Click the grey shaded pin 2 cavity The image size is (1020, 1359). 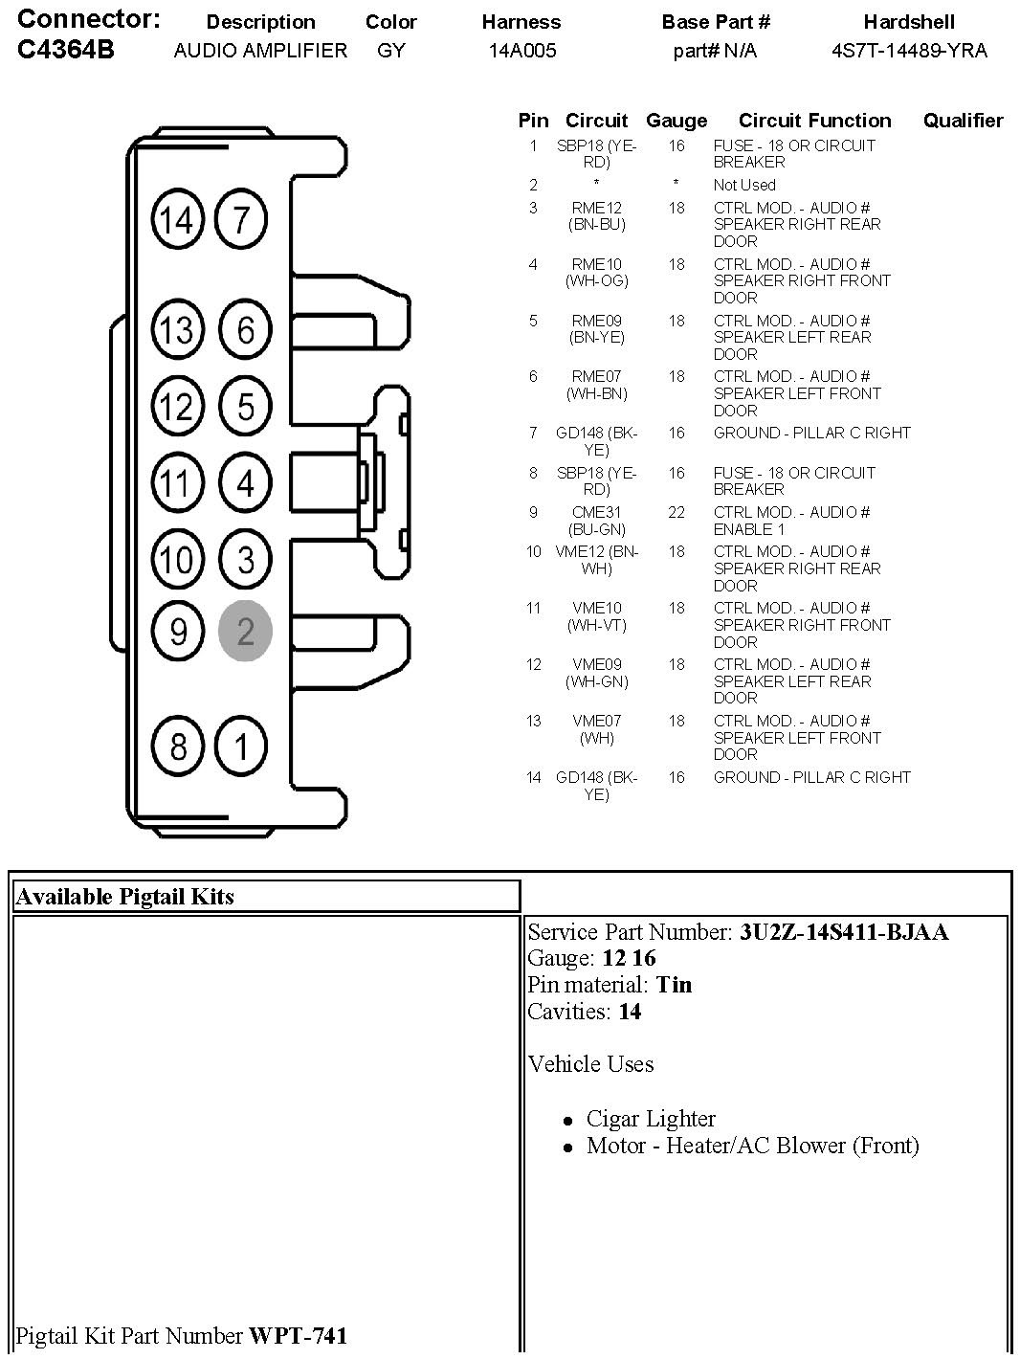coord(245,631)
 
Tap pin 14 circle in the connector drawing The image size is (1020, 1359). coord(177,220)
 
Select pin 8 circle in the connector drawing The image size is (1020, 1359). coord(177,746)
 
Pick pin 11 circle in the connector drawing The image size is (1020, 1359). coord(176,482)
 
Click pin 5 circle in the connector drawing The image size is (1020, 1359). coord(245,406)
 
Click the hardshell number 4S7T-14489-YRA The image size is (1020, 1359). coord(908,51)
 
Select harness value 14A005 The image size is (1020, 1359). coord(521,51)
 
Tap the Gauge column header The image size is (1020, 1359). coord(676,121)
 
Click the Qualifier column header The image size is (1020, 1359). coord(963,121)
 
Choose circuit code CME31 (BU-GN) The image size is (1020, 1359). coord(596,521)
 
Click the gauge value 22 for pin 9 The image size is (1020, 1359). coord(676,512)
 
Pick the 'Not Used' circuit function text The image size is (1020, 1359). coord(744,185)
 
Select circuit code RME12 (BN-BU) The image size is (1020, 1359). coord(596,216)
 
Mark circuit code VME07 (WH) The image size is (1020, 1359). coord(596,729)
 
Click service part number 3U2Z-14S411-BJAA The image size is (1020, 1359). coord(843,932)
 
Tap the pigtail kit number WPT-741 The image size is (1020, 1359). coord(298,1335)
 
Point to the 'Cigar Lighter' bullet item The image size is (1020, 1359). coord(651,1119)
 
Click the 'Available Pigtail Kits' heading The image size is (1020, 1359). coord(125,897)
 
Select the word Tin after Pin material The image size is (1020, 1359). coord(674,985)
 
